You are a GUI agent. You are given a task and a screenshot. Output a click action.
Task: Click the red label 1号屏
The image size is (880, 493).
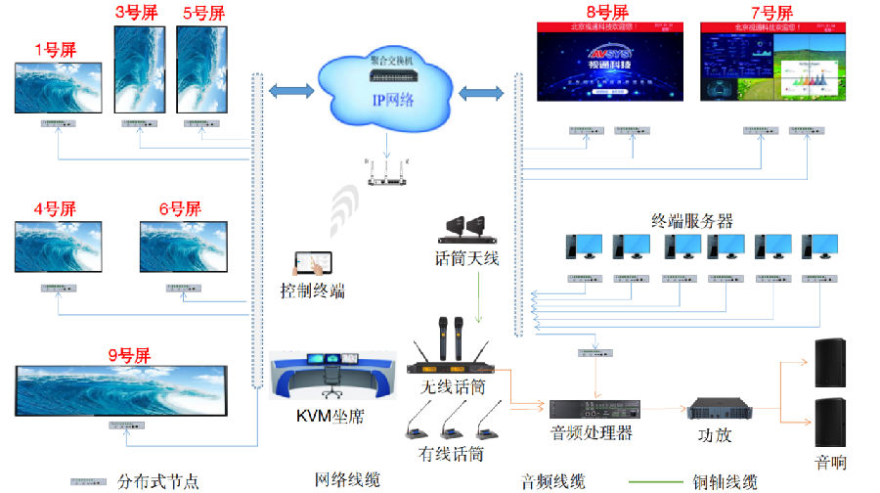[x=55, y=50]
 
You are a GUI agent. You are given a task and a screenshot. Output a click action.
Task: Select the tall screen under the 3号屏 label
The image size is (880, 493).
[x=140, y=69]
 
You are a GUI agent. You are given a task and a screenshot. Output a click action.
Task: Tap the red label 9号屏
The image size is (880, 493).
[x=129, y=355]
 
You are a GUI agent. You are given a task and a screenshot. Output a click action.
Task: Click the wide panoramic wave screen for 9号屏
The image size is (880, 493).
[x=121, y=389]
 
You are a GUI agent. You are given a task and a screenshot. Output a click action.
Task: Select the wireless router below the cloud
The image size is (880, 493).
[x=389, y=175]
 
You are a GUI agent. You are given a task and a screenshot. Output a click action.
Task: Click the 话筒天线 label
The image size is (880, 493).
[x=466, y=258]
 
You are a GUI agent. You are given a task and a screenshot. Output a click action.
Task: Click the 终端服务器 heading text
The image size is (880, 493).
[x=692, y=220]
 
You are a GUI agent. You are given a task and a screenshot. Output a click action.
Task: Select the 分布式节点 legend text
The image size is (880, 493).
[x=157, y=481]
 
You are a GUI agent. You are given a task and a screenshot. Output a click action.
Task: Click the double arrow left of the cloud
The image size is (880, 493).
[x=292, y=91]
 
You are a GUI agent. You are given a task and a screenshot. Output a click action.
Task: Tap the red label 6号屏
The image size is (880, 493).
[x=180, y=208]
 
